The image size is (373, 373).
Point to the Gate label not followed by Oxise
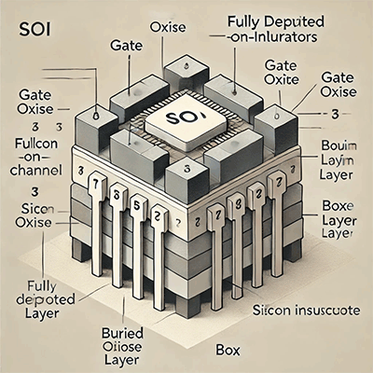(x=125, y=44)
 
